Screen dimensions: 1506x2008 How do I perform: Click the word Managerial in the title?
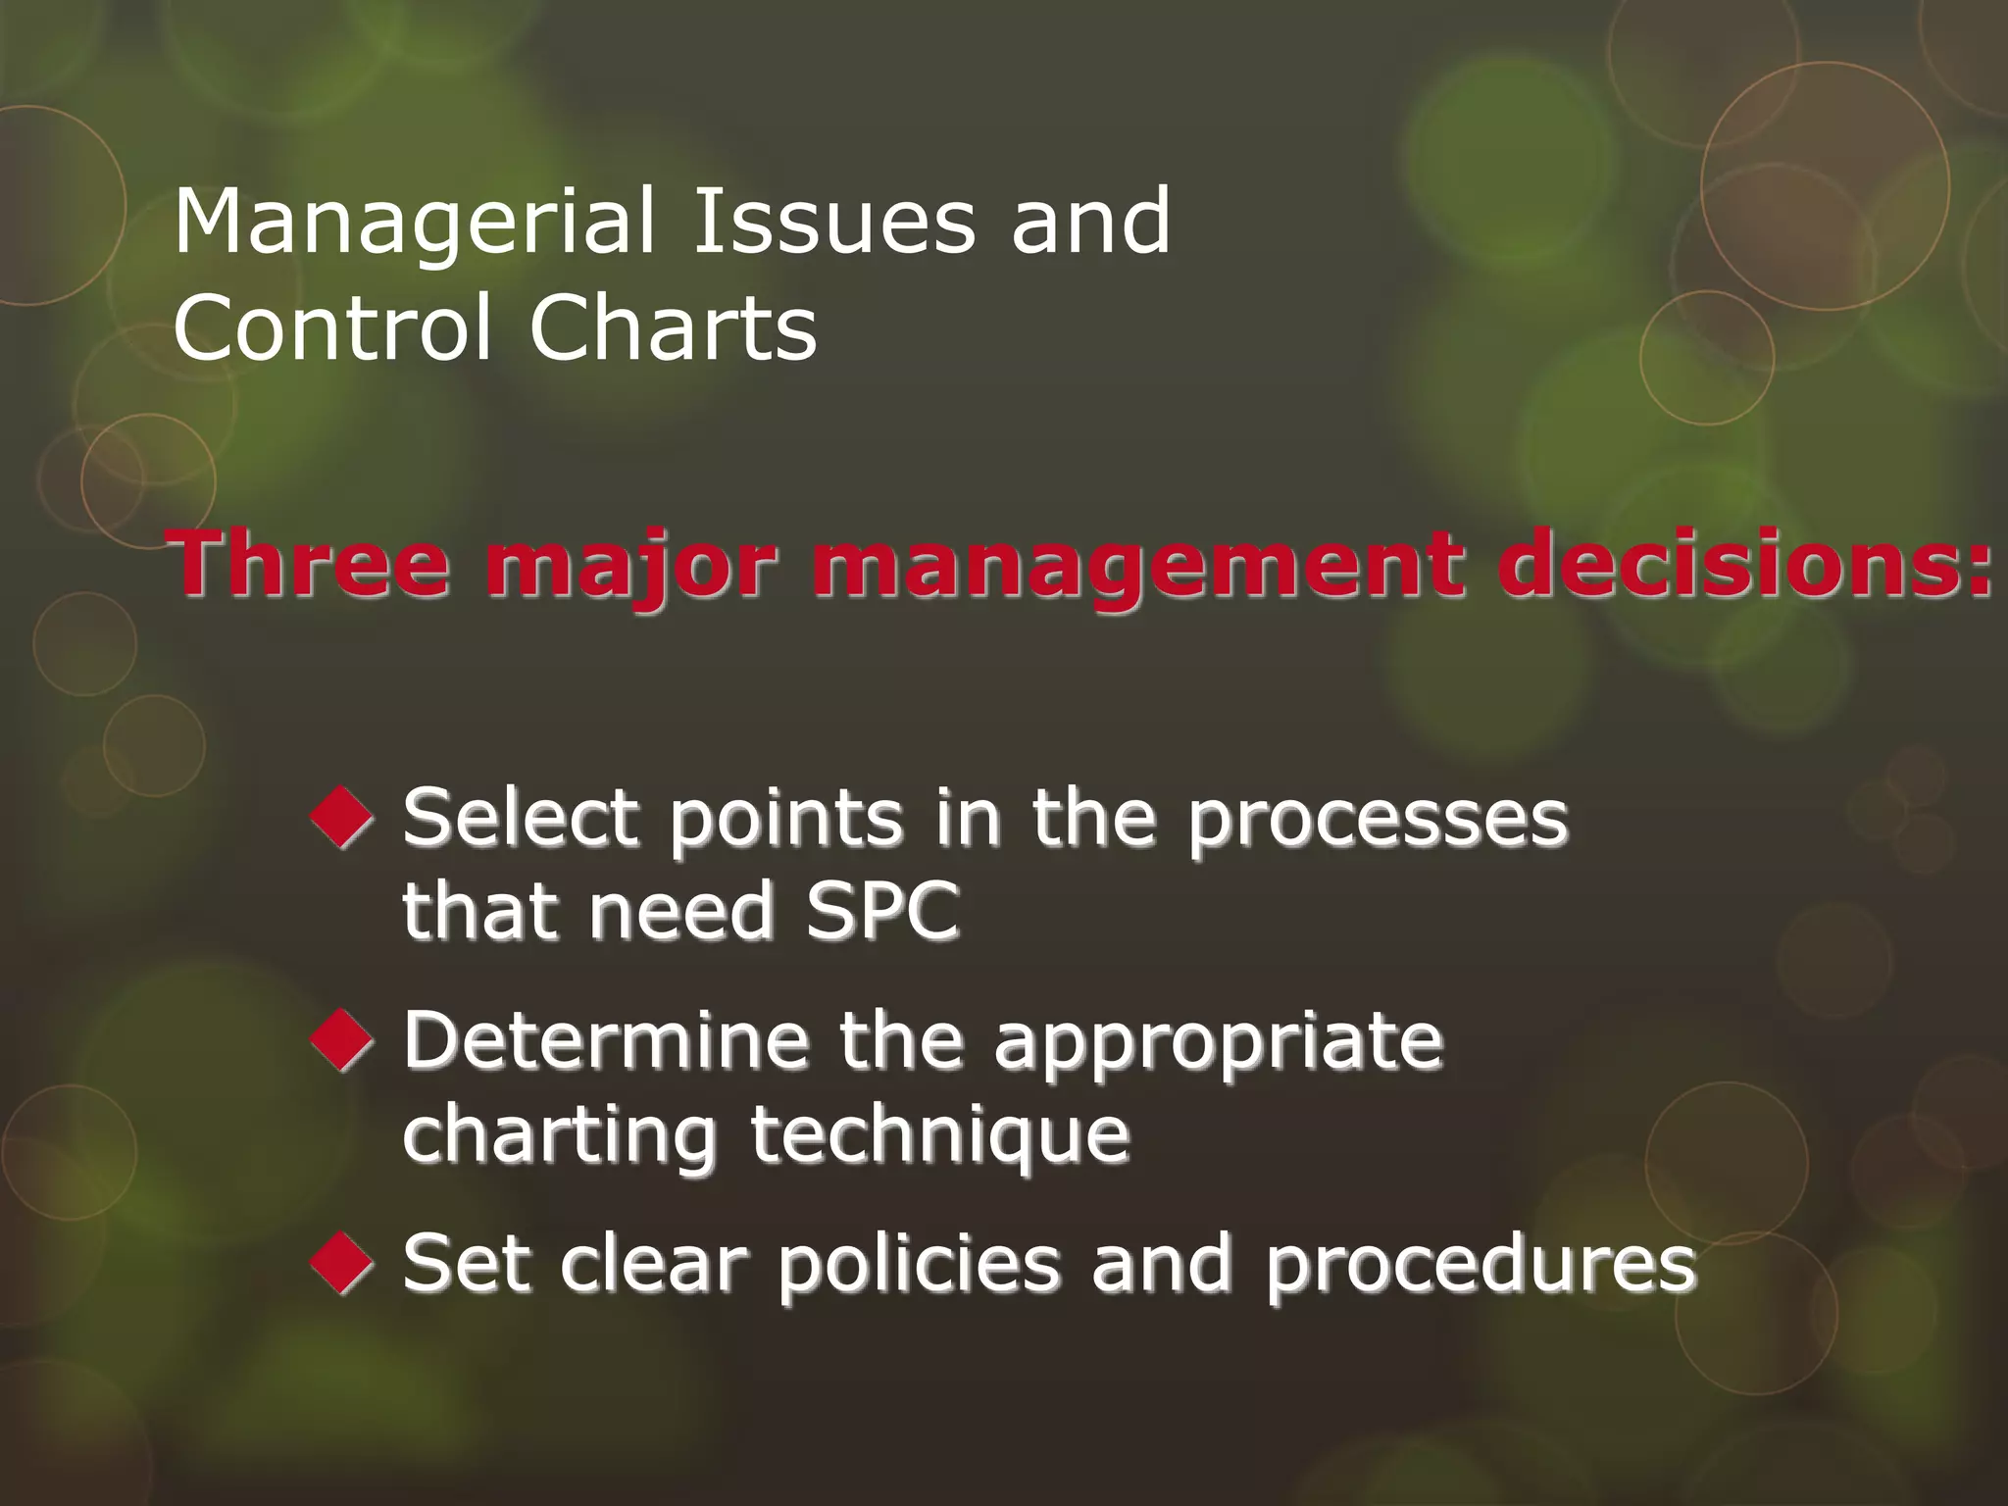click(x=413, y=224)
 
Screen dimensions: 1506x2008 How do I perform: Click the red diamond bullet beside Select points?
click(x=341, y=818)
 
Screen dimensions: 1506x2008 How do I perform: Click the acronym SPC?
click(x=881, y=911)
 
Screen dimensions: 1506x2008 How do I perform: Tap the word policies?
click(x=919, y=1265)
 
